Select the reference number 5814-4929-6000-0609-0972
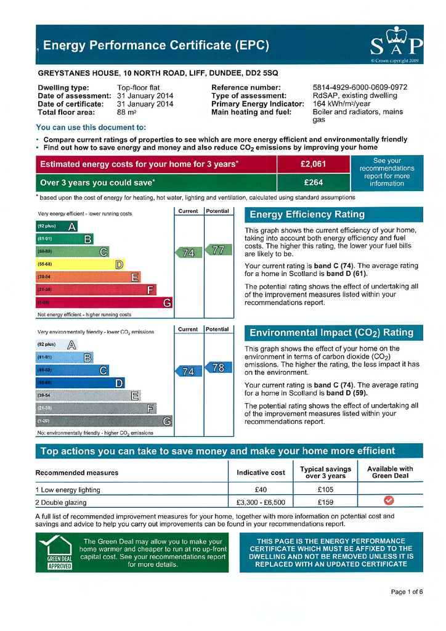coord(360,88)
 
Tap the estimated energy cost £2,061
coord(313,165)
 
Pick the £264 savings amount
coord(313,182)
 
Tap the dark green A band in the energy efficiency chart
coord(58,226)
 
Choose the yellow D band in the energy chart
coord(81,264)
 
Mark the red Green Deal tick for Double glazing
coord(389,501)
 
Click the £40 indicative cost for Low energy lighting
coord(261,490)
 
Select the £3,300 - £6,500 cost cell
coord(261,502)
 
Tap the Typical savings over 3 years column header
coord(325,473)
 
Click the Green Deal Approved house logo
coord(55,552)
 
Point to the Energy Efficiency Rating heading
coord(306,214)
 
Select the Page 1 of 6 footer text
coord(407,592)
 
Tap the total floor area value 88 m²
coord(126,112)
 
